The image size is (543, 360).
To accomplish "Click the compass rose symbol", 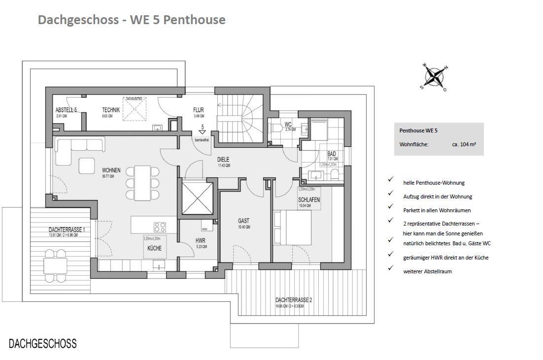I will (434, 76).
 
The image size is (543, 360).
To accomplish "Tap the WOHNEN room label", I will (108, 170).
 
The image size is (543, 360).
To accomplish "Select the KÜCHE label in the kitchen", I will (154, 249).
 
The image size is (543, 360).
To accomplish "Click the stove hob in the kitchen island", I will (160, 227).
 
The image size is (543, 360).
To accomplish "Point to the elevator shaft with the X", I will (197, 198).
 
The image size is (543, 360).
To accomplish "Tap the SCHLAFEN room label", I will (309, 200).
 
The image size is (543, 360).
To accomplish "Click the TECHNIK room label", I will (111, 110).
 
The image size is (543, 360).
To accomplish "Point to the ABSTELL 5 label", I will (66, 110).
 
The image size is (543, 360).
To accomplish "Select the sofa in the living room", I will (80, 146).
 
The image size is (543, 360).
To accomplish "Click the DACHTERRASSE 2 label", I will (294, 300).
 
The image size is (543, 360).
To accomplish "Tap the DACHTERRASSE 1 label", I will (67, 229).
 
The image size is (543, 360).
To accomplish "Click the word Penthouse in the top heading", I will (199, 20).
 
